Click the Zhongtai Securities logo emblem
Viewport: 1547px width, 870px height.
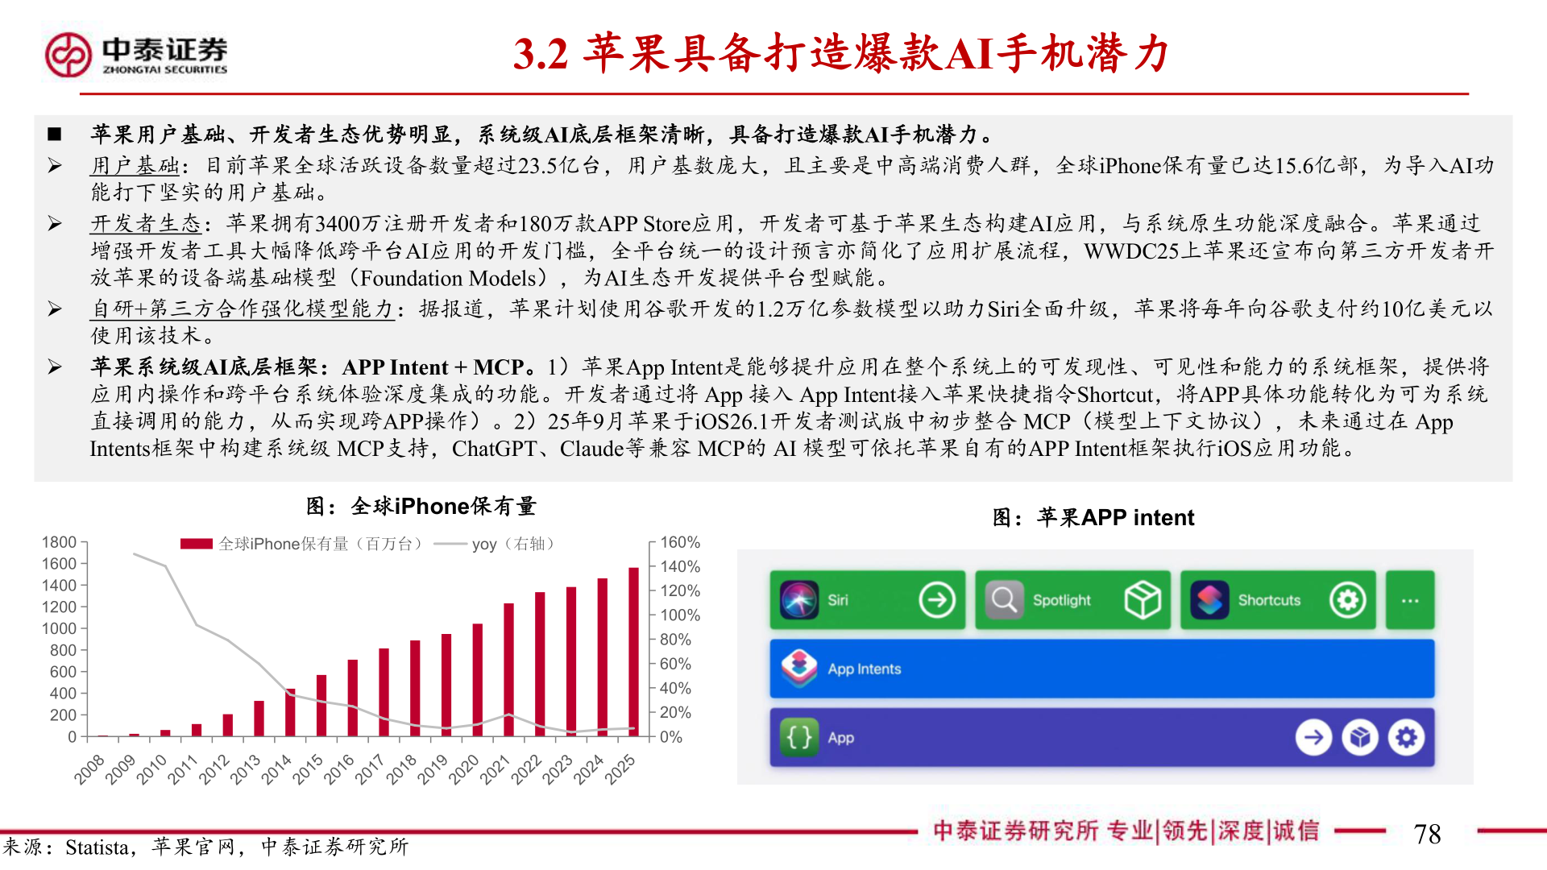point(68,55)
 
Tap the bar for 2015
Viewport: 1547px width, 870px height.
point(321,705)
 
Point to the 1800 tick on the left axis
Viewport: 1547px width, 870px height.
point(60,542)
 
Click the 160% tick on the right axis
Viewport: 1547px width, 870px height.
point(680,542)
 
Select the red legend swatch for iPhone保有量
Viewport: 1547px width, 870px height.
point(196,544)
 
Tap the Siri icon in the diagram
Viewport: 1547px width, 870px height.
point(798,600)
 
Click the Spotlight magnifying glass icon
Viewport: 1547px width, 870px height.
point(1004,600)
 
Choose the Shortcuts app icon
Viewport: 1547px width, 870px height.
point(1209,600)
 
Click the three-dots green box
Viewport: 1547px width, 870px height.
point(1410,600)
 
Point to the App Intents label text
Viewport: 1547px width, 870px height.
point(864,669)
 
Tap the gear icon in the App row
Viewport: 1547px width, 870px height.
point(1406,737)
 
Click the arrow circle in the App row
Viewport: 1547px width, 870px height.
point(1313,737)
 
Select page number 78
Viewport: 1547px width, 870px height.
point(1427,834)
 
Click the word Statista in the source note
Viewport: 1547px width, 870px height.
point(97,847)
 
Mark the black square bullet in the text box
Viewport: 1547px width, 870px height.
point(55,134)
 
